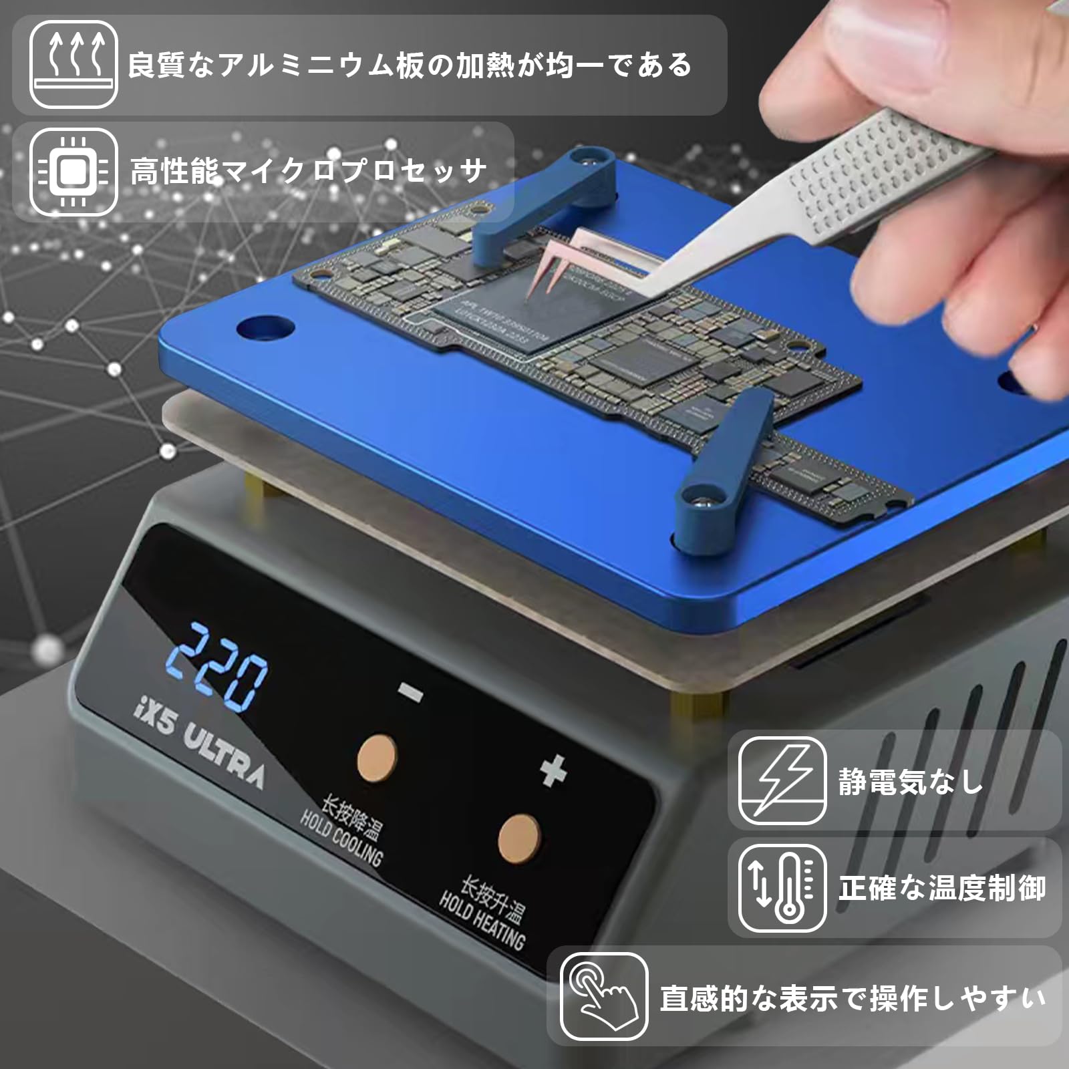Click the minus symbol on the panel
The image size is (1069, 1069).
(x=410, y=692)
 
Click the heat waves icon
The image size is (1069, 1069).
(x=73, y=64)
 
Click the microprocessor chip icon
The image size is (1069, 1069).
(x=73, y=172)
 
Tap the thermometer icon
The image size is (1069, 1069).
(x=782, y=888)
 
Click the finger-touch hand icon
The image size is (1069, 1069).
(x=603, y=996)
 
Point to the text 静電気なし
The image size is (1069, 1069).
(x=911, y=782)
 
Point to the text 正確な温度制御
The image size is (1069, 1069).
(x=942, y=888)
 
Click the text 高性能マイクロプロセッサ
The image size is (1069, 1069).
(x=307, y=172)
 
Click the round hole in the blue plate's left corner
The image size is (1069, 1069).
(x=265, y=329)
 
